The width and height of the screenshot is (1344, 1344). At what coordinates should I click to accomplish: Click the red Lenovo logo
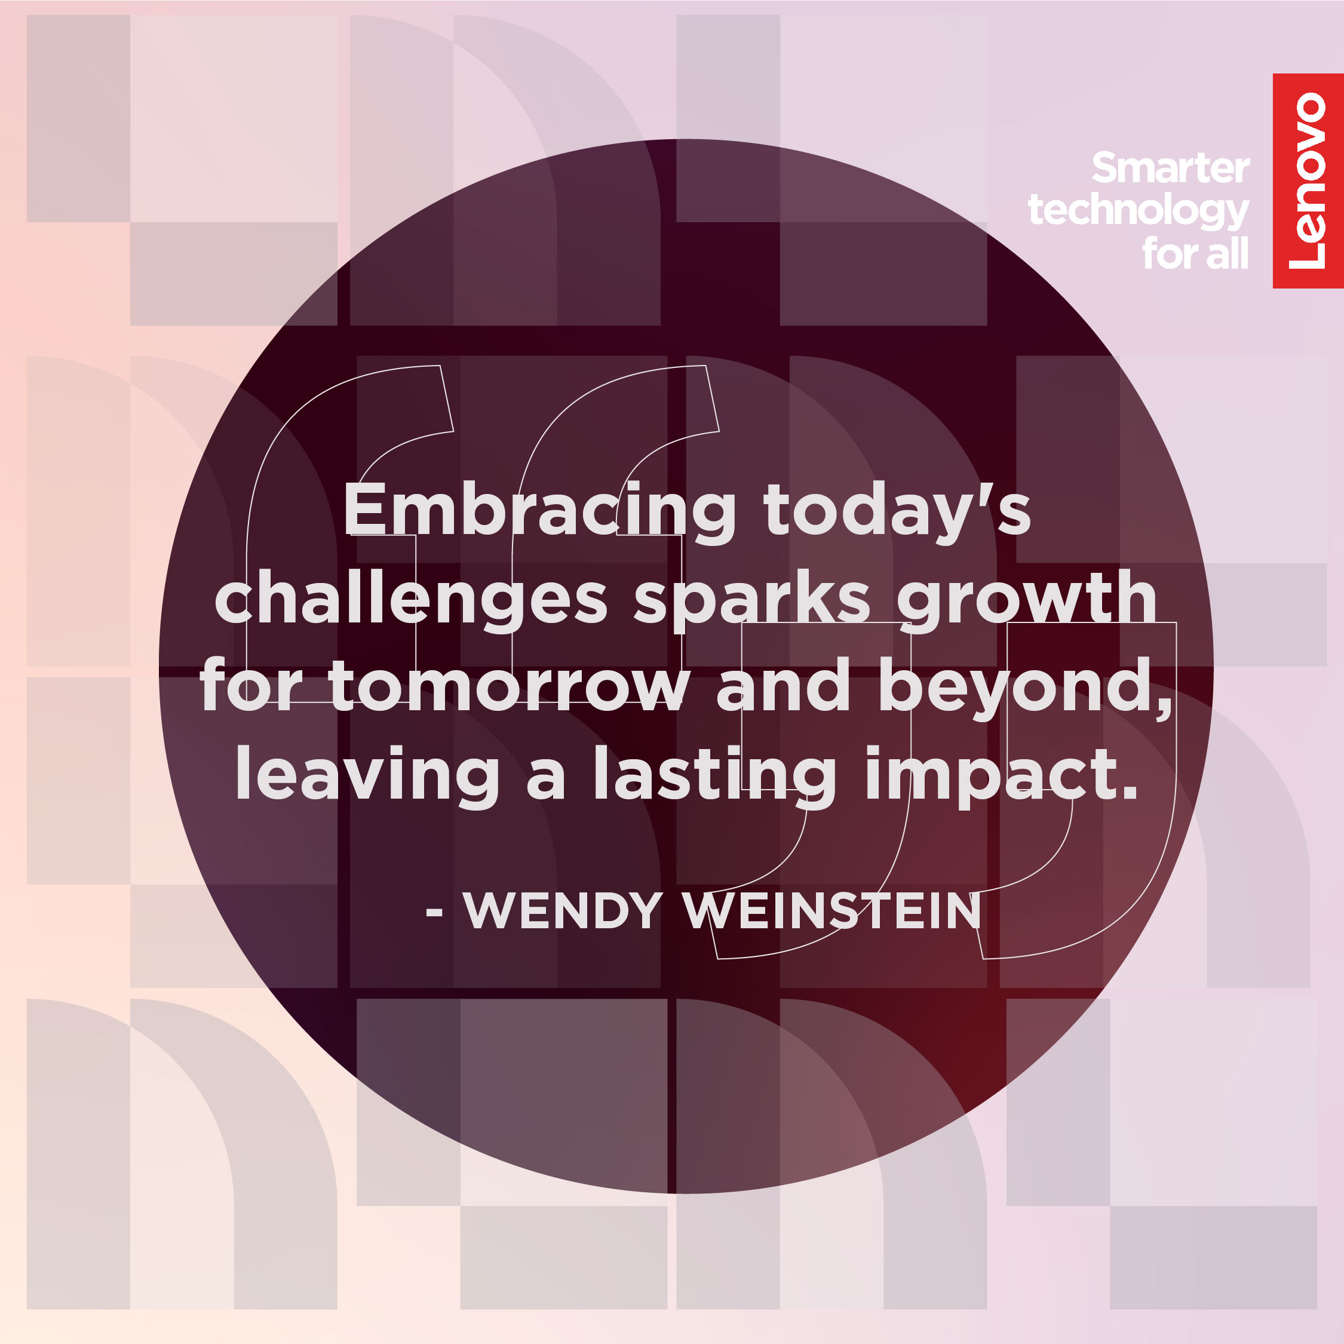click(x=1308, y=181)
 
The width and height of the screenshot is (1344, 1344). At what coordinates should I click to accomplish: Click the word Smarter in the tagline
click(x=1171, y=168)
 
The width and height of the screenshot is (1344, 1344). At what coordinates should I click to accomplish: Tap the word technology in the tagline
click(x=1139, y=211)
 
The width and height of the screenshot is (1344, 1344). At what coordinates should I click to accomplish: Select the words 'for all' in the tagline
click(x=1196, y=253)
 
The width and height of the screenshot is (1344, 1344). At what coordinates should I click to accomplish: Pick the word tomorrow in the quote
click(x=509, y=686)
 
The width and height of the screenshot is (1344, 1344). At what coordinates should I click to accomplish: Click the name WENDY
click(x=563, y=910)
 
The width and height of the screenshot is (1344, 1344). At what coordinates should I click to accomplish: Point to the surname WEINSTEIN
click(x=832, y=910)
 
